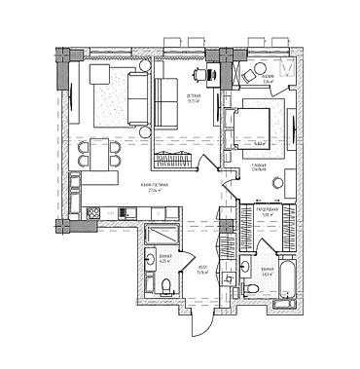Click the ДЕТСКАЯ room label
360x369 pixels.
click(x=193, y=95)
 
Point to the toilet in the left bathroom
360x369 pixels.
click(x=166, y=283)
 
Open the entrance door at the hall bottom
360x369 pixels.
click(x=200, y=318)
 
